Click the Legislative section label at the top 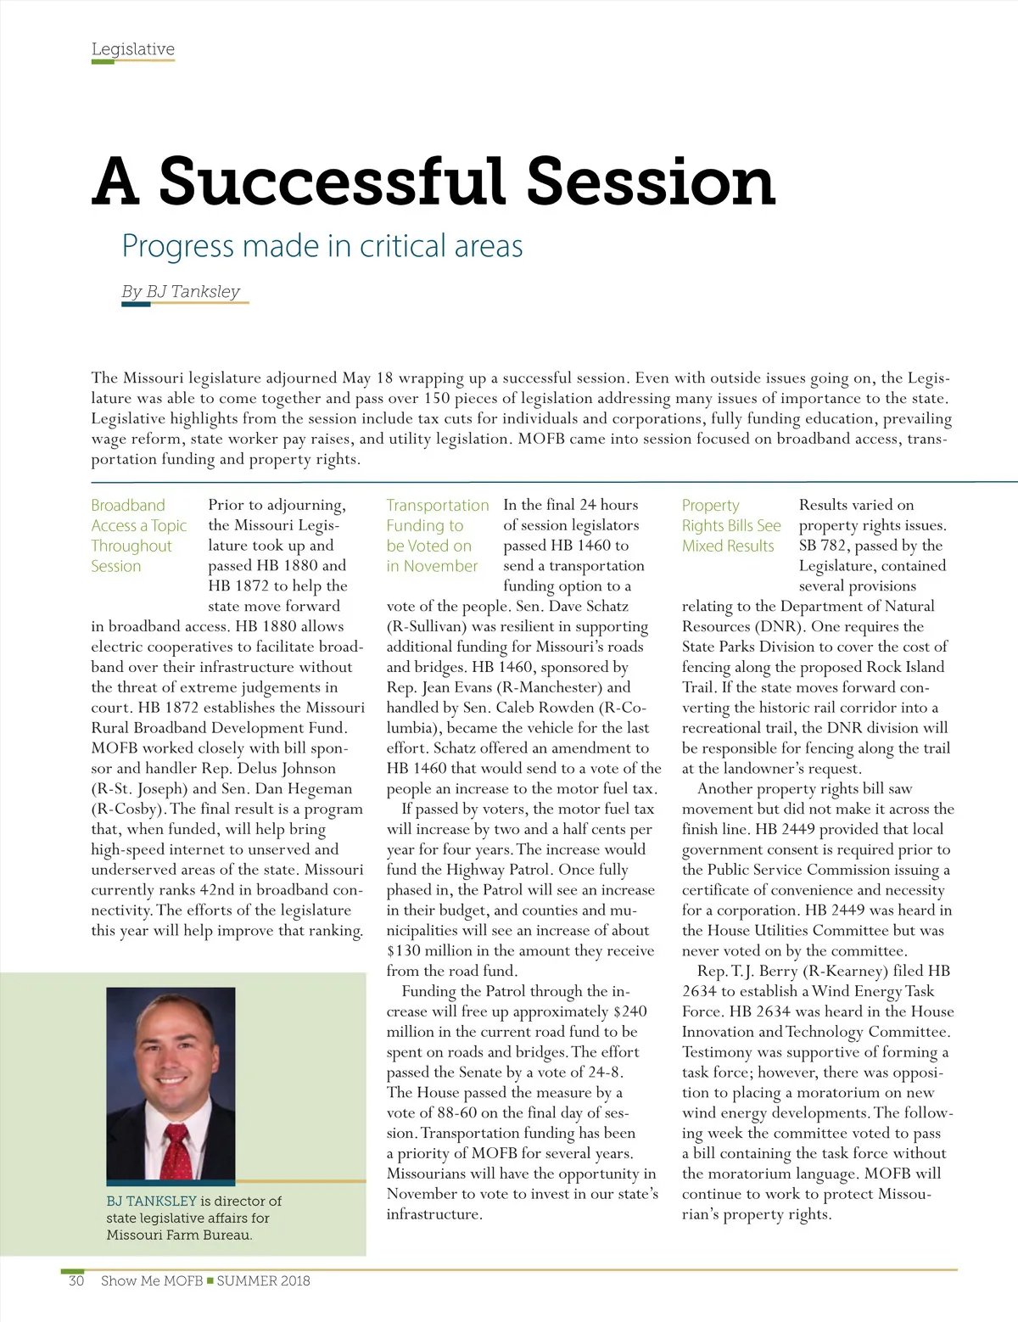pos(132,49)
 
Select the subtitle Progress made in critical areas pos(322,246)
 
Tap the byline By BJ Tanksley pos(181,292)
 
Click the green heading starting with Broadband pos(138,535)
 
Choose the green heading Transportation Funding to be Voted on pos(437,535)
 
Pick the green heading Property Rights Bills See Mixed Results pos(730,525)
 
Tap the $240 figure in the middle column pos(629,1011)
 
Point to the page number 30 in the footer pos(76,1281)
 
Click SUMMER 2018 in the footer pos(263,1281)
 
